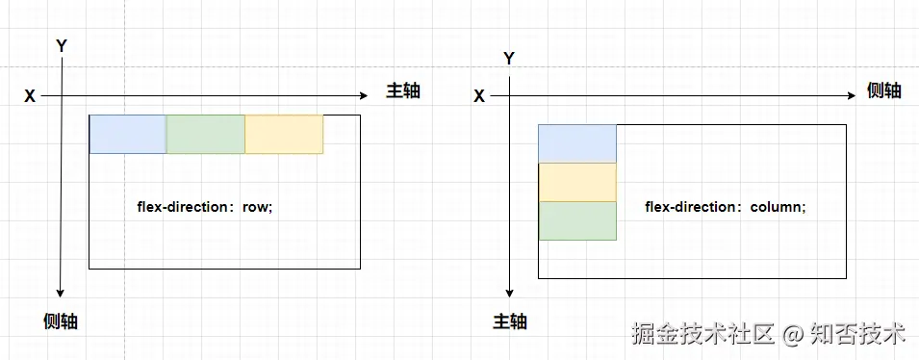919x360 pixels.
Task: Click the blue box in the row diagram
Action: point(128,134)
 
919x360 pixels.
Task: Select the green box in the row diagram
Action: point(206,134)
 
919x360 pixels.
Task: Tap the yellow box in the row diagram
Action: point(284,134)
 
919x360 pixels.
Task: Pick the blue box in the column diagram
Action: point(577,143)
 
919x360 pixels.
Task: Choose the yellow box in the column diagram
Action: point(577,182)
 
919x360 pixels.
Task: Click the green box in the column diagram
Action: point(577,221)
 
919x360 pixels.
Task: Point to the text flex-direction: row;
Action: point(205,208)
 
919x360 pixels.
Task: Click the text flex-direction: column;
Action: point(726,208)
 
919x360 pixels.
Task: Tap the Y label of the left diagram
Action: point(62,46)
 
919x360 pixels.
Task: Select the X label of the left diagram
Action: point(30,96)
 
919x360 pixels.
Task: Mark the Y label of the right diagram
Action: point(509,59)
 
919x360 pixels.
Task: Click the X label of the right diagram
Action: point(479,96)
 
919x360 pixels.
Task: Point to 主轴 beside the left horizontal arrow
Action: point(403,90)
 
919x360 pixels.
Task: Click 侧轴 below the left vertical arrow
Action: point(61,321)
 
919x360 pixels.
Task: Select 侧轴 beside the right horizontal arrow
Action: point(883,90)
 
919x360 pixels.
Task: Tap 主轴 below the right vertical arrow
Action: point(510,321)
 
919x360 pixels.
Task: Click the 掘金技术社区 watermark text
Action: point(705,334)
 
